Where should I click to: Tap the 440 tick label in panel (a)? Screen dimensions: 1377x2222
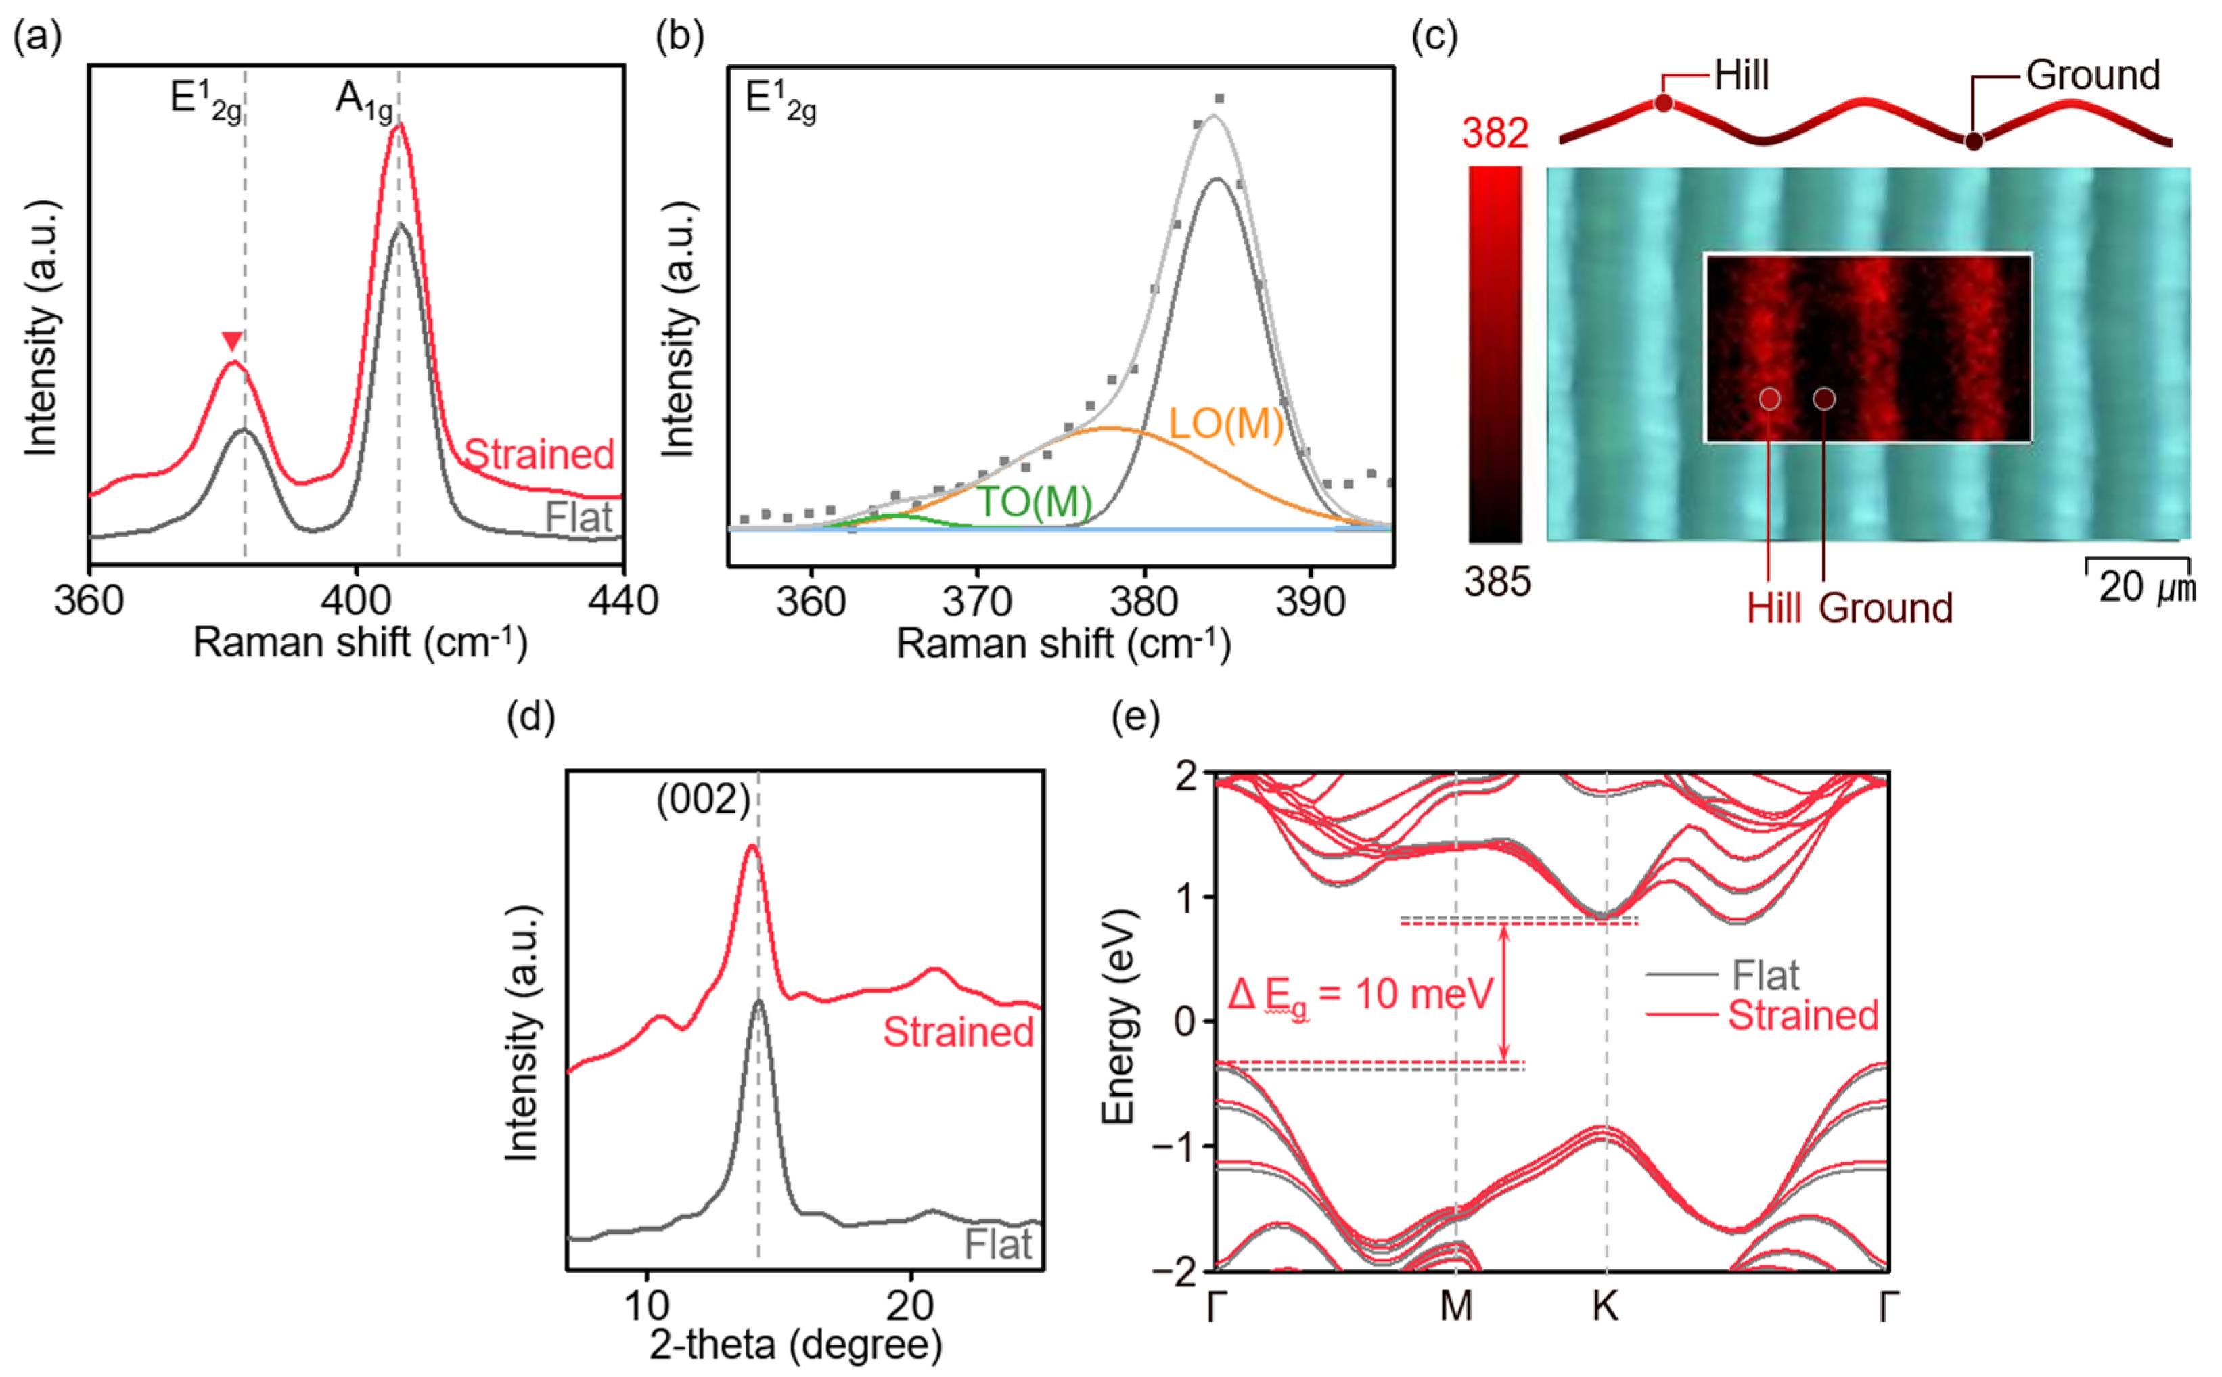pos(623,601)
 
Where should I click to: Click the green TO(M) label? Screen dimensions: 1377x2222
pos(1034,502)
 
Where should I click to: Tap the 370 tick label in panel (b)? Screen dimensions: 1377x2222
pos(977,602)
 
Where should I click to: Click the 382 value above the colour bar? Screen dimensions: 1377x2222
pos(1495,134)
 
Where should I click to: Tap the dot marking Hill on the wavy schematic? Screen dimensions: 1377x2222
pos(1663,104)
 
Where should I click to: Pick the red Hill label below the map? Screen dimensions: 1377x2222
pos(1773,608)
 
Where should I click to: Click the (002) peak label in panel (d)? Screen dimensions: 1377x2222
pos(703,800)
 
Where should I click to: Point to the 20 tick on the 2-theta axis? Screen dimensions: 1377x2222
pos(910,1306)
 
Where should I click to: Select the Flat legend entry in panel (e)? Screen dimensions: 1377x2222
pos(1764,975)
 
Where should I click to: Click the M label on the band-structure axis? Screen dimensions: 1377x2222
pos(1455,1306)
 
